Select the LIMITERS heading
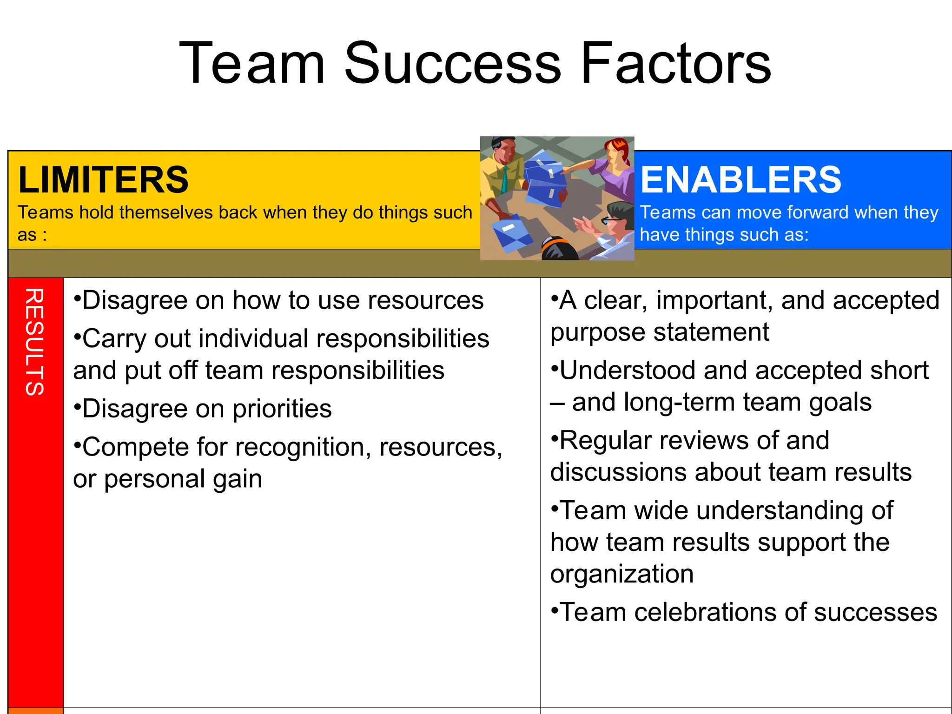tap(103, 180)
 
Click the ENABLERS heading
tap(740, 180)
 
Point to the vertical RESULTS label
tap(35, 342)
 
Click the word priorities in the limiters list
tap(282, 409)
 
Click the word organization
tap(621, 574)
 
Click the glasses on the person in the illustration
tap(608, 219)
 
